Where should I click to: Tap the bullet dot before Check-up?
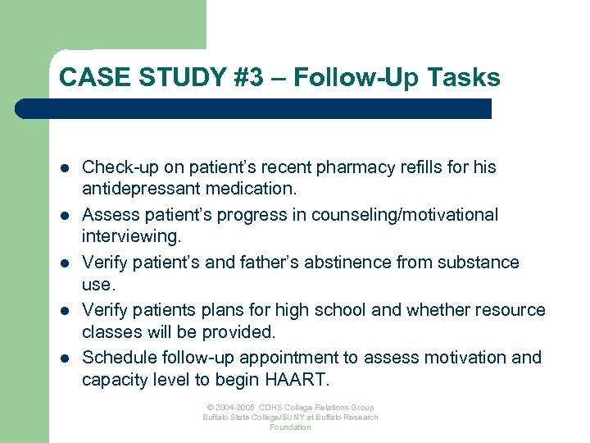pyautogui.click(x=64, y=168)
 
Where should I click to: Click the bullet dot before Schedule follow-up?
pyautogui.click(x=64, y=359)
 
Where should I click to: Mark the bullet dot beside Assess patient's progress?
pyautogui.click(x=64, y=216)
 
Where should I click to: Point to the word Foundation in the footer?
pyautogui.click(x=291, y=427)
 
